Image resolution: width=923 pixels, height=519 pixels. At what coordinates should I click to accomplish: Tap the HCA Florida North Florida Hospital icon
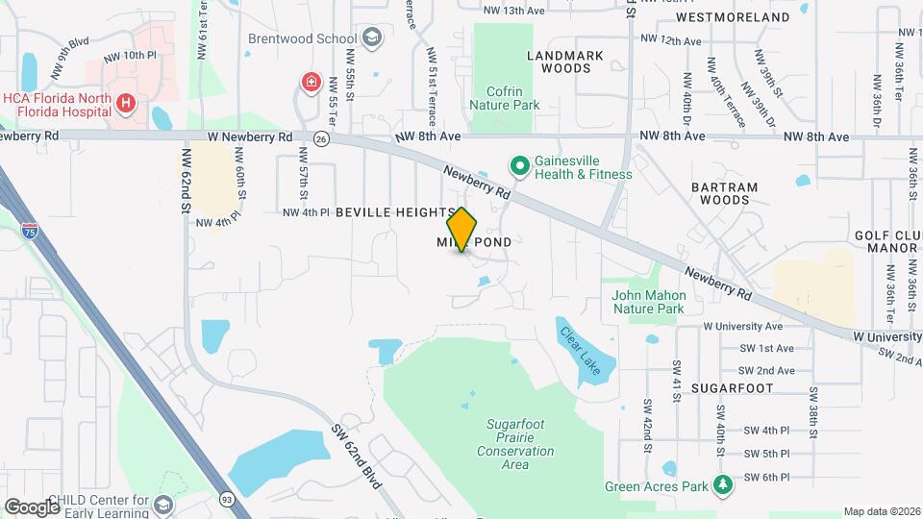pos(124,103)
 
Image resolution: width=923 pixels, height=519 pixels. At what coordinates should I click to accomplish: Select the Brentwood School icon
pos(371,38)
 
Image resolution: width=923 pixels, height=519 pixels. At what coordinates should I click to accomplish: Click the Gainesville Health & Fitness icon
pos(520,166)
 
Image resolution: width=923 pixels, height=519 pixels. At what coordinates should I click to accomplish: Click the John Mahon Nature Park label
pos(649,302)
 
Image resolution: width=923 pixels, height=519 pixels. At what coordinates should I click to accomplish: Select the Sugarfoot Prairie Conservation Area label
pos(515,443)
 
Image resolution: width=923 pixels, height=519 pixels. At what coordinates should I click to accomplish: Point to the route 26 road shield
pos(321,138)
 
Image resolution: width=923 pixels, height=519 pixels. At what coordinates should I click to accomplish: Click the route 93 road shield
pos(227,499)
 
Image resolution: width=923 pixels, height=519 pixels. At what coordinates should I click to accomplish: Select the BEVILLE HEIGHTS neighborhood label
pos(395,211)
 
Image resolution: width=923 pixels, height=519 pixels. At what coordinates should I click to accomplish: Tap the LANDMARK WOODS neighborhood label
pos(565,62)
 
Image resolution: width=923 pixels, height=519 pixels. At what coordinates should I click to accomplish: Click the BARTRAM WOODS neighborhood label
pos(725,193)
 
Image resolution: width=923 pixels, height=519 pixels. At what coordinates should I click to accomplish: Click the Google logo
pos(32,507)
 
